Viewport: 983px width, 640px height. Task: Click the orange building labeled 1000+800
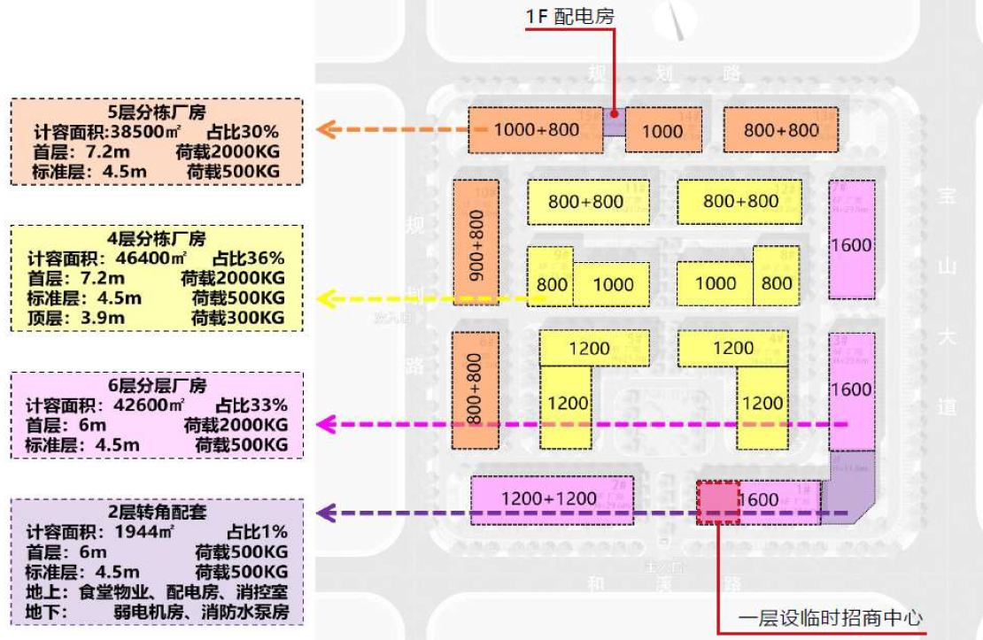click(x=535, y=129)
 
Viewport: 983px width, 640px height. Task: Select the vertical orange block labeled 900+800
click(x=476, y=243)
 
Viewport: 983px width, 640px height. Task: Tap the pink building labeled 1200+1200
click(x=549, y=498)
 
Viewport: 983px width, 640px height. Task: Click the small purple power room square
click(x=615, y=121)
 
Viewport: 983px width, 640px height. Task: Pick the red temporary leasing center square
click(x=718, y=502)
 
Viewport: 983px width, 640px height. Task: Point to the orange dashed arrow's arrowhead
click(x=325, y=129)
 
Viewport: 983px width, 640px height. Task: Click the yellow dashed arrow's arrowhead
click(x=325, y=298)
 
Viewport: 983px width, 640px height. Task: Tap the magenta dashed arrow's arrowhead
click(x=325, y=424)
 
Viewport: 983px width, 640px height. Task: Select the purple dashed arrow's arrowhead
click(x=325, y=513)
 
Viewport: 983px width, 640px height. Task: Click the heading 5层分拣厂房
click(x=157, y=112)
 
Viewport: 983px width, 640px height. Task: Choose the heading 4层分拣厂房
click(x=157, y=239)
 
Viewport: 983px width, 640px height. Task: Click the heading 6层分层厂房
click(x=157, y=386)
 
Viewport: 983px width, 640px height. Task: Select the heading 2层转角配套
click(x=157, y=513)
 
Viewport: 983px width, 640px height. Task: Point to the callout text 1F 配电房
click(x=569, y=16)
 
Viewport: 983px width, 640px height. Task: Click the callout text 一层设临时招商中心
click(x=831, y=617)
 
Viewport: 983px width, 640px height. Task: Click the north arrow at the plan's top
click(x=678, y=19)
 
